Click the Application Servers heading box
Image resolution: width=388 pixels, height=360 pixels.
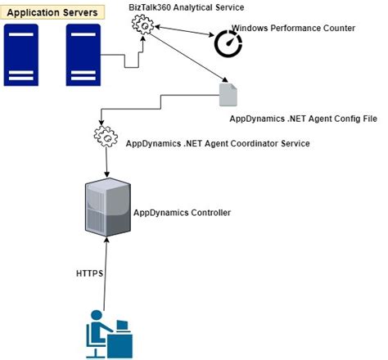[x=53, y=13]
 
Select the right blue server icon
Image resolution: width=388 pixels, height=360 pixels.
[x=83, y=56]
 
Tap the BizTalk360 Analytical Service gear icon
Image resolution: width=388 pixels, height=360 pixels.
[x=143, y=25]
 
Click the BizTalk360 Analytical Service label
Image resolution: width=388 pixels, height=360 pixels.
[x=187, y=7]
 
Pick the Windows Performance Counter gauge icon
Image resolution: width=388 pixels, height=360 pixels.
[x=228, y=44]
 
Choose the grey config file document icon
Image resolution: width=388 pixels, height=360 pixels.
[x=228, y=95]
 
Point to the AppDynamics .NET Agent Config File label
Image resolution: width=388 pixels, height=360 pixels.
[x=303, y=119]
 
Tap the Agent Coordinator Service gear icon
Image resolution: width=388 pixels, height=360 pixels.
[x=106, y=137]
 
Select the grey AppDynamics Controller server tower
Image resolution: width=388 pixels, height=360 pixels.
[x=107, y=207]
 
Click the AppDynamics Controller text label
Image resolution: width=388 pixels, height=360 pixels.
[x=182, y=213]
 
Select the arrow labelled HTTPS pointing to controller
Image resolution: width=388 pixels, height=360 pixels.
[x=107, y=270]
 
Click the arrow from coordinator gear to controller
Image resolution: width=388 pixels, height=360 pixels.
[x=107, y=164]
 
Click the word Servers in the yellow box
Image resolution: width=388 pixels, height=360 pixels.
[x=80, y=13]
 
